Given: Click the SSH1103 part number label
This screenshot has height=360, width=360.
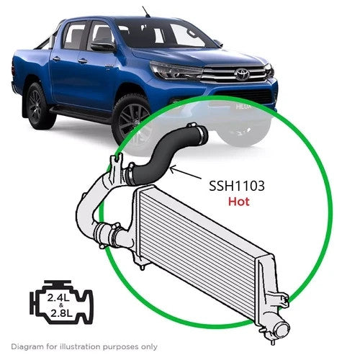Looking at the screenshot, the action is pyautogui.click(x=237, y=186).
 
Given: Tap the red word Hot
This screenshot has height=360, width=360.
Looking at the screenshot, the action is pyautogui.click(x=239, y=202).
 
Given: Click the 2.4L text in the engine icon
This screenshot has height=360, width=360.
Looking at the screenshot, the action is pyautogui.click(x=58, y=298).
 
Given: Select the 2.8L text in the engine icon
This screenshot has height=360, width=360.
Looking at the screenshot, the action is pyautogui.click(x=61, y=313).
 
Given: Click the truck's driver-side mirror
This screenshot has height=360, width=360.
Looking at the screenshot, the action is pyautogui.click(x=102, y=46).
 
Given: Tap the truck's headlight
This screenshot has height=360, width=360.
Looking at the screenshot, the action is pyautogui.click(x=175, y=70).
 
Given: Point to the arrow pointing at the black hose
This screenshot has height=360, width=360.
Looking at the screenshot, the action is pyautogui.click(x=186, y=173).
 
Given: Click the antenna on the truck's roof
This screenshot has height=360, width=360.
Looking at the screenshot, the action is pyautogui.click(x=145, y=12).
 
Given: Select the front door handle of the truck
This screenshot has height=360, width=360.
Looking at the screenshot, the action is pyautogui.click(x=82, y=61).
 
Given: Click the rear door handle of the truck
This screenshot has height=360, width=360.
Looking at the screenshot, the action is pyautogui.click(x=56, y=58).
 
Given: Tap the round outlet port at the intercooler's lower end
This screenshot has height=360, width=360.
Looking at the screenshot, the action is pyautogui.click(x=282, y=331).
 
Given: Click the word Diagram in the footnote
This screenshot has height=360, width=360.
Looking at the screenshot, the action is pyautogui.click(x=26, y=347).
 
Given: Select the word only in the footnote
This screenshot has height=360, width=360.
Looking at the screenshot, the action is pyautogui.click(x=148, y=347).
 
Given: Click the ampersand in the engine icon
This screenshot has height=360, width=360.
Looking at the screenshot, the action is pyautogui.click(x=61, y=305).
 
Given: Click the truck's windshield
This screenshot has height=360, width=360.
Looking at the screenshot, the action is pyautogui.click(x=166, y=34).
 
